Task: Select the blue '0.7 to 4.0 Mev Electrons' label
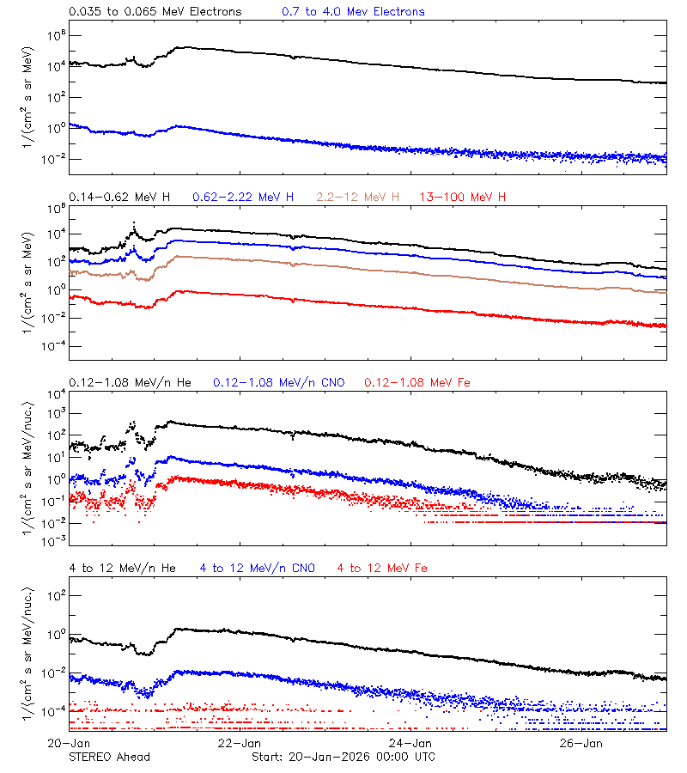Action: click(x=353, y=12)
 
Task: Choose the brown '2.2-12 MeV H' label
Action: click(x=358, y=198)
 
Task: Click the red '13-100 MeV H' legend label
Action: click(x=463, y=198)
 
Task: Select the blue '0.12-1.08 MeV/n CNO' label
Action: click(x=279, y=382)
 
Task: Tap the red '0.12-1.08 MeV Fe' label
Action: click(x=417, y=382)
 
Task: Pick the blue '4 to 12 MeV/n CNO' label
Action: click(x=258, y=569)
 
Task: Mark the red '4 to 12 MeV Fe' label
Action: click(x=383, y=569)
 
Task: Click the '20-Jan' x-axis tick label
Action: click(x=69, y=743)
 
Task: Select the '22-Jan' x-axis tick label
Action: click(x=240, y=743)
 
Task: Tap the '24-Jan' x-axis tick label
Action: click(x=410, y=743)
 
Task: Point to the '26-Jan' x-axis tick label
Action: click(x=581, y=743)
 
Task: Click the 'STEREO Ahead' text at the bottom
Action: click(x=109, y=757)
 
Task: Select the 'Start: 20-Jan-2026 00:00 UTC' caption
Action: click(x=343, y=757)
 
